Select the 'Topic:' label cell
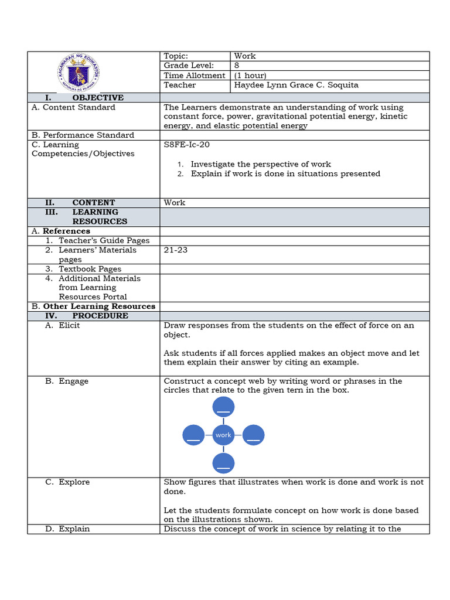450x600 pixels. (176, 56)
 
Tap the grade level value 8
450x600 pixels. (237, 66)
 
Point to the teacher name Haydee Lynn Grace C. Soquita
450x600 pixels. (296, 85)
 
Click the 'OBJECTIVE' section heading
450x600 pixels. (98, 97)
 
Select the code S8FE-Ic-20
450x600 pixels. (186, 145)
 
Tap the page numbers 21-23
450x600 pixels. (176, 250)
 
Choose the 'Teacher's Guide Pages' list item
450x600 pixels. (104, 240)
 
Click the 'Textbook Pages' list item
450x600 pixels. (90, 269)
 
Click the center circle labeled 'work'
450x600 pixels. (223, 435)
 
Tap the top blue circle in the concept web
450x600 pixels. (223, 407)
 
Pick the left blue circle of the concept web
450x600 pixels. (193, 435)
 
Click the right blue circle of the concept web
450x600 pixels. (253, 435)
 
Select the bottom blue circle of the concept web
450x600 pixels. (223, 463)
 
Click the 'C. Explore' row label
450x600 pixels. (67, 482)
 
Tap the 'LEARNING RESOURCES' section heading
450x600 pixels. (100, 217)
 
